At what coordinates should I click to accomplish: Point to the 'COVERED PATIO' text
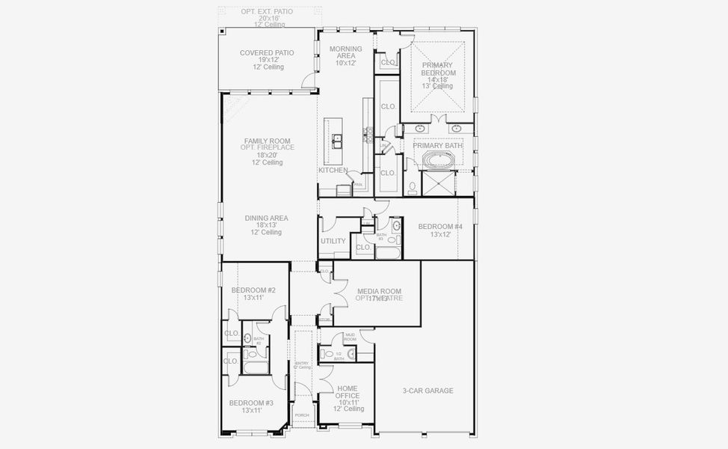point(267,53)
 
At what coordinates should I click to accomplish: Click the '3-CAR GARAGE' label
point(428,391)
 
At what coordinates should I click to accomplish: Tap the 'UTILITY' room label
point(333,241)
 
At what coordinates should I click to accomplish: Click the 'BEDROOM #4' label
point(439,227)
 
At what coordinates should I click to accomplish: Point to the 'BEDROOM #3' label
point(251,403)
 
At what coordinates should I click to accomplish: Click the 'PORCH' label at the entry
point(302,415)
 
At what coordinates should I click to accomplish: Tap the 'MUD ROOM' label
point(350,337)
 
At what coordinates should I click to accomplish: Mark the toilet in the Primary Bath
point(413,186)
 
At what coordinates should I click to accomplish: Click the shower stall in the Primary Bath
point(439,183)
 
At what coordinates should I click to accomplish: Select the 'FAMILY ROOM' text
point(267,141)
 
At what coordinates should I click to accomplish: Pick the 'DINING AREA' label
point(266,219)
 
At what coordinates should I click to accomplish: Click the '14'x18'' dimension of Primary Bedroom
point(437,79)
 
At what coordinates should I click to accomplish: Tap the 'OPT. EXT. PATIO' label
point(267,12)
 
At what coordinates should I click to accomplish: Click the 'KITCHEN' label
point(333,171)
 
